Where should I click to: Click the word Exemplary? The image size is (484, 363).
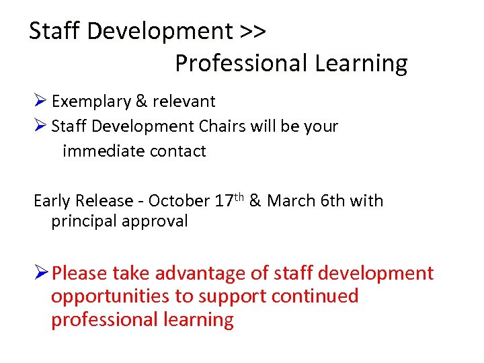click(91, 102)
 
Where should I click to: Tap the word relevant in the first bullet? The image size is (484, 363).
click(184, 102)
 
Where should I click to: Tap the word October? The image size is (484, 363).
click(179, 201)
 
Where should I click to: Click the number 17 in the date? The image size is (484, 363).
click(224, 201)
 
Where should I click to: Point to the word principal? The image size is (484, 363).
click(83, 221)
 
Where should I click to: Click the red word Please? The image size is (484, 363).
click(79, 274)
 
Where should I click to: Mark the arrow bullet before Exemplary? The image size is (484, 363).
click(40, 102)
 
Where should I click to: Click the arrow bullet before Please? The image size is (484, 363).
click(41, 274)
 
